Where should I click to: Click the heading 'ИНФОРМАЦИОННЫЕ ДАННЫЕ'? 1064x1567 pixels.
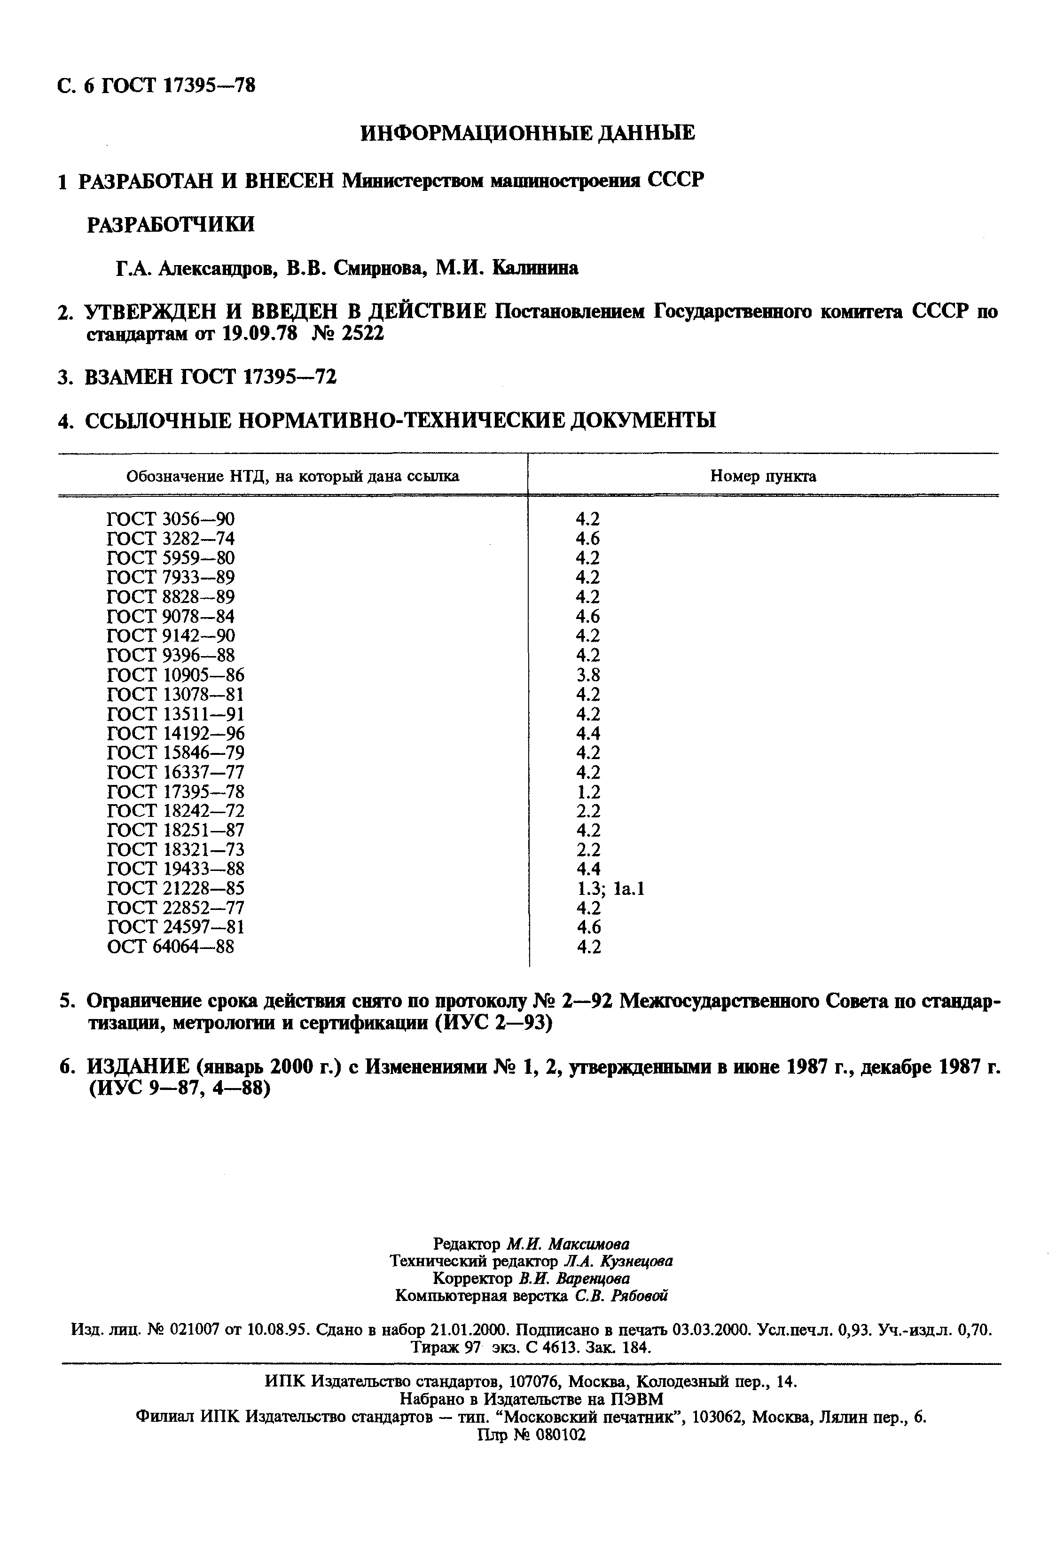point(527,133)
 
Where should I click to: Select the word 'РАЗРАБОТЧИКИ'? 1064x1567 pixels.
point(171,225)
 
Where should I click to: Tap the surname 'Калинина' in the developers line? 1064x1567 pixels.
point(535,268)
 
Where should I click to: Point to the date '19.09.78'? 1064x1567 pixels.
point(259,334)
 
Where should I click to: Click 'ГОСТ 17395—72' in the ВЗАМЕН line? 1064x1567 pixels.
point(258,377)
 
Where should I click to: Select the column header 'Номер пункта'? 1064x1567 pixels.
point(763,477)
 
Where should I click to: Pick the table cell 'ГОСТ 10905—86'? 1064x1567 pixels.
point(175,675)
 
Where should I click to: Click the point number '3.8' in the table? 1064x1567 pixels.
point(588,675)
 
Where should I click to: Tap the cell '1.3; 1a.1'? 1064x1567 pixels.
point(610,889)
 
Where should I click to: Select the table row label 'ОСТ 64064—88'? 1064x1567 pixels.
point(171,947)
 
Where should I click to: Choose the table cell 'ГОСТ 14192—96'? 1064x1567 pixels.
point(175,734)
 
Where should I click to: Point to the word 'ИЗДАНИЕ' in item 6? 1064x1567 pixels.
point(138,1067)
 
